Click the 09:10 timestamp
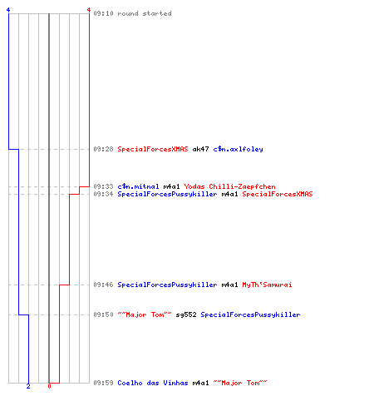(x=103, y=13)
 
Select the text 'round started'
(x=145, y=13)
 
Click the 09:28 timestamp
(x=103, y=149)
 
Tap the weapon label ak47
(x=200, y=149)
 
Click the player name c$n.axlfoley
(x=238, y=149)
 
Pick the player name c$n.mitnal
(x=138, y=186)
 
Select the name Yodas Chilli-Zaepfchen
(x=229, y=186)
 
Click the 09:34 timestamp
(x=103, y=194)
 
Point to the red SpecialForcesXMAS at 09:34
(x=278, y=194)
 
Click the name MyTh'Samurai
(x=267, y=285)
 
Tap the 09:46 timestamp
(x=103, y=285)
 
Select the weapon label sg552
(x=186, y=314)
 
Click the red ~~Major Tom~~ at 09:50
(x=145, y=314)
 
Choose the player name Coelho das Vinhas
(x=153, y=383)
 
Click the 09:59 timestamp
(x=103, y=383)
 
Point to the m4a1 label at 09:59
(x=200, y=383)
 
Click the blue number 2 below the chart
(x=28, y=386)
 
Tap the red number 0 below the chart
(x=49, y=386)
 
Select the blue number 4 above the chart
(x=8, y=10)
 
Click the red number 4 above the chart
(x=89, y=10)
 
